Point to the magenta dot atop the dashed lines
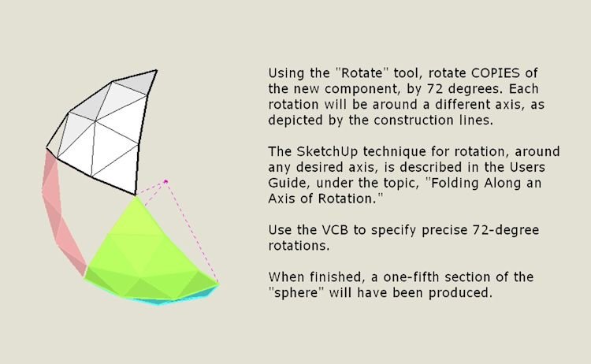click(x=166, y=182)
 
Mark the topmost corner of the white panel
click(x=156, y=71)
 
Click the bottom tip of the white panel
click(x=136, y=194)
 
